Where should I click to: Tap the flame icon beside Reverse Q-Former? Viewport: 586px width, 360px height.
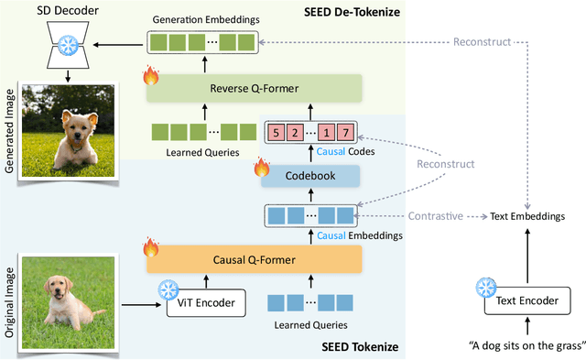click(x=150, y=77)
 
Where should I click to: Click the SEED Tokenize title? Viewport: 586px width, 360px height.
click(x=360, y=346)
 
